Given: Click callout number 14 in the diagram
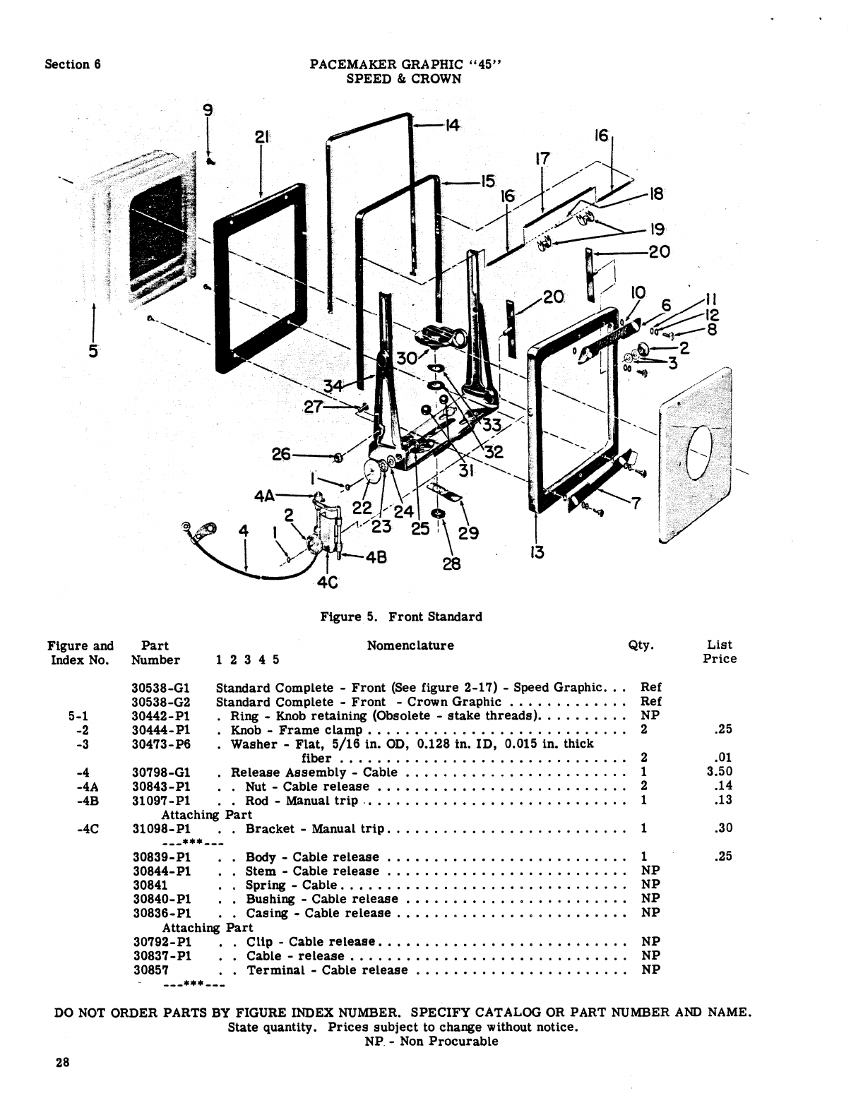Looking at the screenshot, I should [x=452, y=126].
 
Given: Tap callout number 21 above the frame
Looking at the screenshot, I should [x=262, y=137].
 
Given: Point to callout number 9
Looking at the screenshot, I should [x=207, y=110].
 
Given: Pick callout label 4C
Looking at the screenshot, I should [x=328, y=583].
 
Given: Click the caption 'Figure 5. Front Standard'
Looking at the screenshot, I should [x=401, y=616].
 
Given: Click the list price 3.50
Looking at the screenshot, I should [x=720, y=772].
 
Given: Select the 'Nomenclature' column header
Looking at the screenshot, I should [x=410, y=645].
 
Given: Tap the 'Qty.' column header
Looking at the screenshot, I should [x=641, y=645].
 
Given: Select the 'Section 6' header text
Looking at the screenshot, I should [x=73, y=64].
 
